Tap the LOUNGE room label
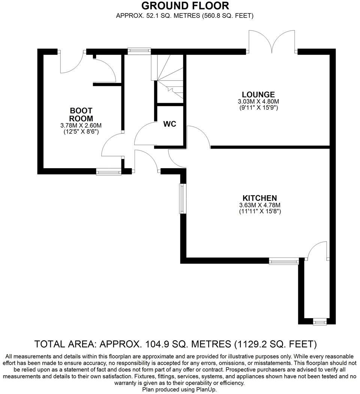(x=258, y=95)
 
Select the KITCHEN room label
(x=260, y=198)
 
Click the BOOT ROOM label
(x=81, y=114)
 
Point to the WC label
(x=169, y=124)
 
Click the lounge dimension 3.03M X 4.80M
(x=258, y=101)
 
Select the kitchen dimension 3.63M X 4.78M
(x=260, y=205)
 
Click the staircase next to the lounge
(x=169, y=77)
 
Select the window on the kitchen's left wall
(x=182, y=199)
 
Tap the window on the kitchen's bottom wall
(x=284, y=260)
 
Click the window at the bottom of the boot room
(x=109, y=172)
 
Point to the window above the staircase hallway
(x=139, y=51)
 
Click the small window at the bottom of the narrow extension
(x=320, y=322)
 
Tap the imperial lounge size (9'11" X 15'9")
(x=258, y=107)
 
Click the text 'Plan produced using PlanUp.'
(x=179, y=389)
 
